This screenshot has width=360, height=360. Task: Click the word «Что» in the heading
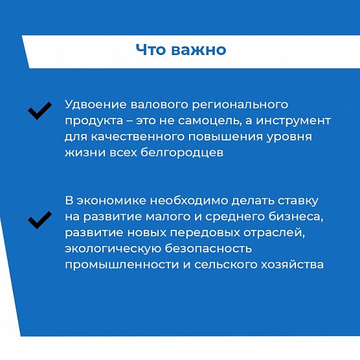[x=151, y=49]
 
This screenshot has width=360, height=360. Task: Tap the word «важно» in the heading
[x=199, y=49]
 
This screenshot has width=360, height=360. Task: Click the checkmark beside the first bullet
[x=39, y=111]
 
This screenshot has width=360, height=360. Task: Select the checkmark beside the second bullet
[x=39, y=220]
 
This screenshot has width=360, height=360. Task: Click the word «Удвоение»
[x=96, y=105]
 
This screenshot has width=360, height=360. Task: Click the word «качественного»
[x=138, y=137]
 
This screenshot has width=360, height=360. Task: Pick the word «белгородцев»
[x=182, y=153]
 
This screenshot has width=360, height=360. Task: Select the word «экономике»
[x=111, y=201]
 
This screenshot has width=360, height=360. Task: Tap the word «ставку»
[x=298, y=201]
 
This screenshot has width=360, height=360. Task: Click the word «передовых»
[x=205, y=234]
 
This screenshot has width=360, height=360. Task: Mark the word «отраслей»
[x=274, y=234]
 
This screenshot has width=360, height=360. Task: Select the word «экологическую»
[x=113, y=249]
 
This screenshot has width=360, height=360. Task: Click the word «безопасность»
[x=208, y=249]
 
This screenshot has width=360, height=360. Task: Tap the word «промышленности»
[x=122, y=265]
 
